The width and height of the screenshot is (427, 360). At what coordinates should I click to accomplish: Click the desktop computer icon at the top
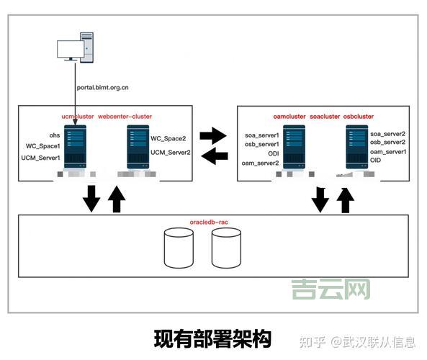(75, 48)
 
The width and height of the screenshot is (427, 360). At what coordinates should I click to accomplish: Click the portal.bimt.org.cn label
(103, 88)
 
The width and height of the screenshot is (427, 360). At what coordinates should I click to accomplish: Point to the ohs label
(54, 135)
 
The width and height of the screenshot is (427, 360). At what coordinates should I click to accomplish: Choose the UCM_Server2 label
(171, 152)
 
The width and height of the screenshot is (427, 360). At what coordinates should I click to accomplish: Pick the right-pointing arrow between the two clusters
(212, 135)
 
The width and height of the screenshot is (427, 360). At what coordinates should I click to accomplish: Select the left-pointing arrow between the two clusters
(212, 156)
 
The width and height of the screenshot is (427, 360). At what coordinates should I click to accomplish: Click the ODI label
(274, 153)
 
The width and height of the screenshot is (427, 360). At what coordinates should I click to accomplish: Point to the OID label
(375, 160)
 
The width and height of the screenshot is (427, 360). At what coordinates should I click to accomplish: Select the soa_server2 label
(387, 134)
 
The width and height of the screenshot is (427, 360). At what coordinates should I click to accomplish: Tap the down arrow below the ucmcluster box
(91, 198)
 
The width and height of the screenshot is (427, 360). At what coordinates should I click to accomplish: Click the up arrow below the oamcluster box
(346, 199)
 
